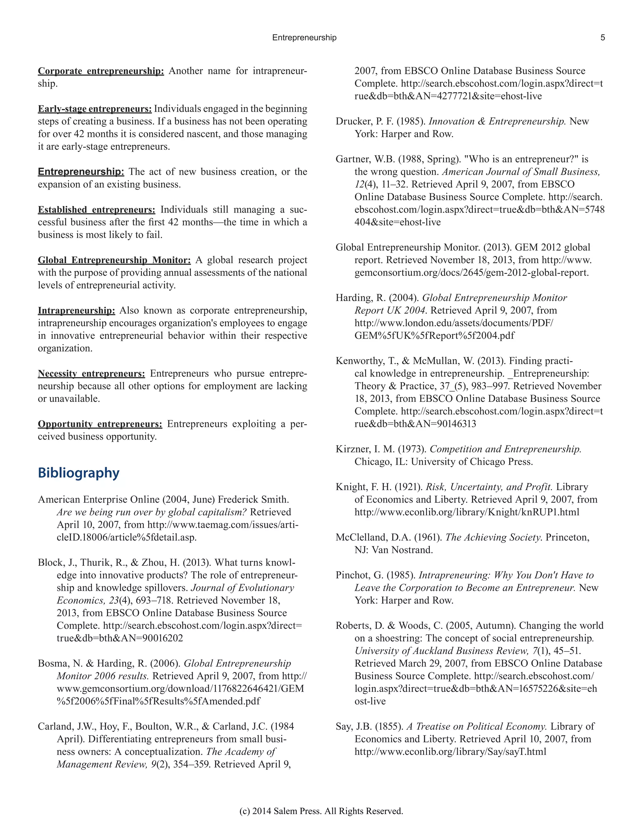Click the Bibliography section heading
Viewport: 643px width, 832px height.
point(78,473)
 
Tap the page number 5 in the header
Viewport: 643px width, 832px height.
point(602,38)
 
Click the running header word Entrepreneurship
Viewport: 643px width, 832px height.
point(304,38)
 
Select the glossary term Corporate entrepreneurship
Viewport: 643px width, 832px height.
point(100,71)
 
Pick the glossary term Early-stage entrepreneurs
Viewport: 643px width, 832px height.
point(95,109)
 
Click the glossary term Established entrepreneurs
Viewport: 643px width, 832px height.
point(96,210)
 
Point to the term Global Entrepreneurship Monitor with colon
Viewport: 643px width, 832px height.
point(114,260)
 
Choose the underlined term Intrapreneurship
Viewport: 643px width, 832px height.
point(76,311)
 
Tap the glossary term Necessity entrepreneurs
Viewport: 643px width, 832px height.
point(91,374)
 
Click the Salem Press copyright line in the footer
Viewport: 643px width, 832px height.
point(321,811)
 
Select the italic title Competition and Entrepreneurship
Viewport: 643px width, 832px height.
point(505,449)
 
